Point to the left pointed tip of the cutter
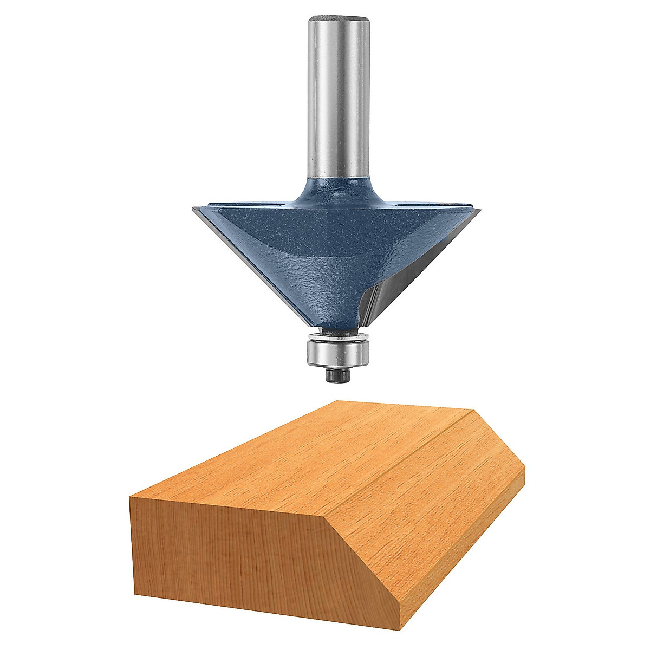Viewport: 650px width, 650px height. click(193, 209)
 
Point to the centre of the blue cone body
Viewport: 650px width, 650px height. click(325, 255)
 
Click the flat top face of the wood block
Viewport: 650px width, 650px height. click(303, 460)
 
